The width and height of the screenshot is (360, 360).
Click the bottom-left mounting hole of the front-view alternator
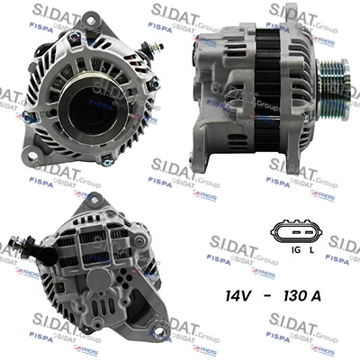pos(33,156)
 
